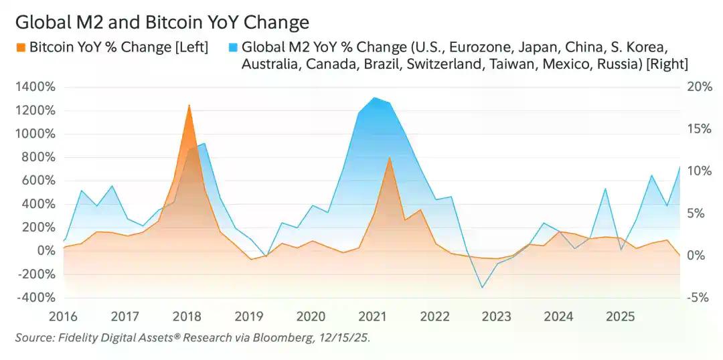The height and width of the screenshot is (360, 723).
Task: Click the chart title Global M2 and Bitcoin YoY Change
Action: tap(161, 22)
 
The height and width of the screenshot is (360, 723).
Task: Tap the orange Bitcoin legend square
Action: tap(20, 48)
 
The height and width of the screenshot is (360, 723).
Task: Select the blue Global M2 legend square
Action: tap(232, 48)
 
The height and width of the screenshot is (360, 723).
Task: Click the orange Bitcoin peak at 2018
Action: tap(189, 105)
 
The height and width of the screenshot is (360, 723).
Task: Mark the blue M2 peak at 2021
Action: tap(374, 98)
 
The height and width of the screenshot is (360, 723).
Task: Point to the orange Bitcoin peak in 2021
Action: tap(389, 158)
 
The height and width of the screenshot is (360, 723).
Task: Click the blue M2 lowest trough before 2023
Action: tap(481, 288)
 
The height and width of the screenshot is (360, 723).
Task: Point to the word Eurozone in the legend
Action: tap(479, 48)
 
